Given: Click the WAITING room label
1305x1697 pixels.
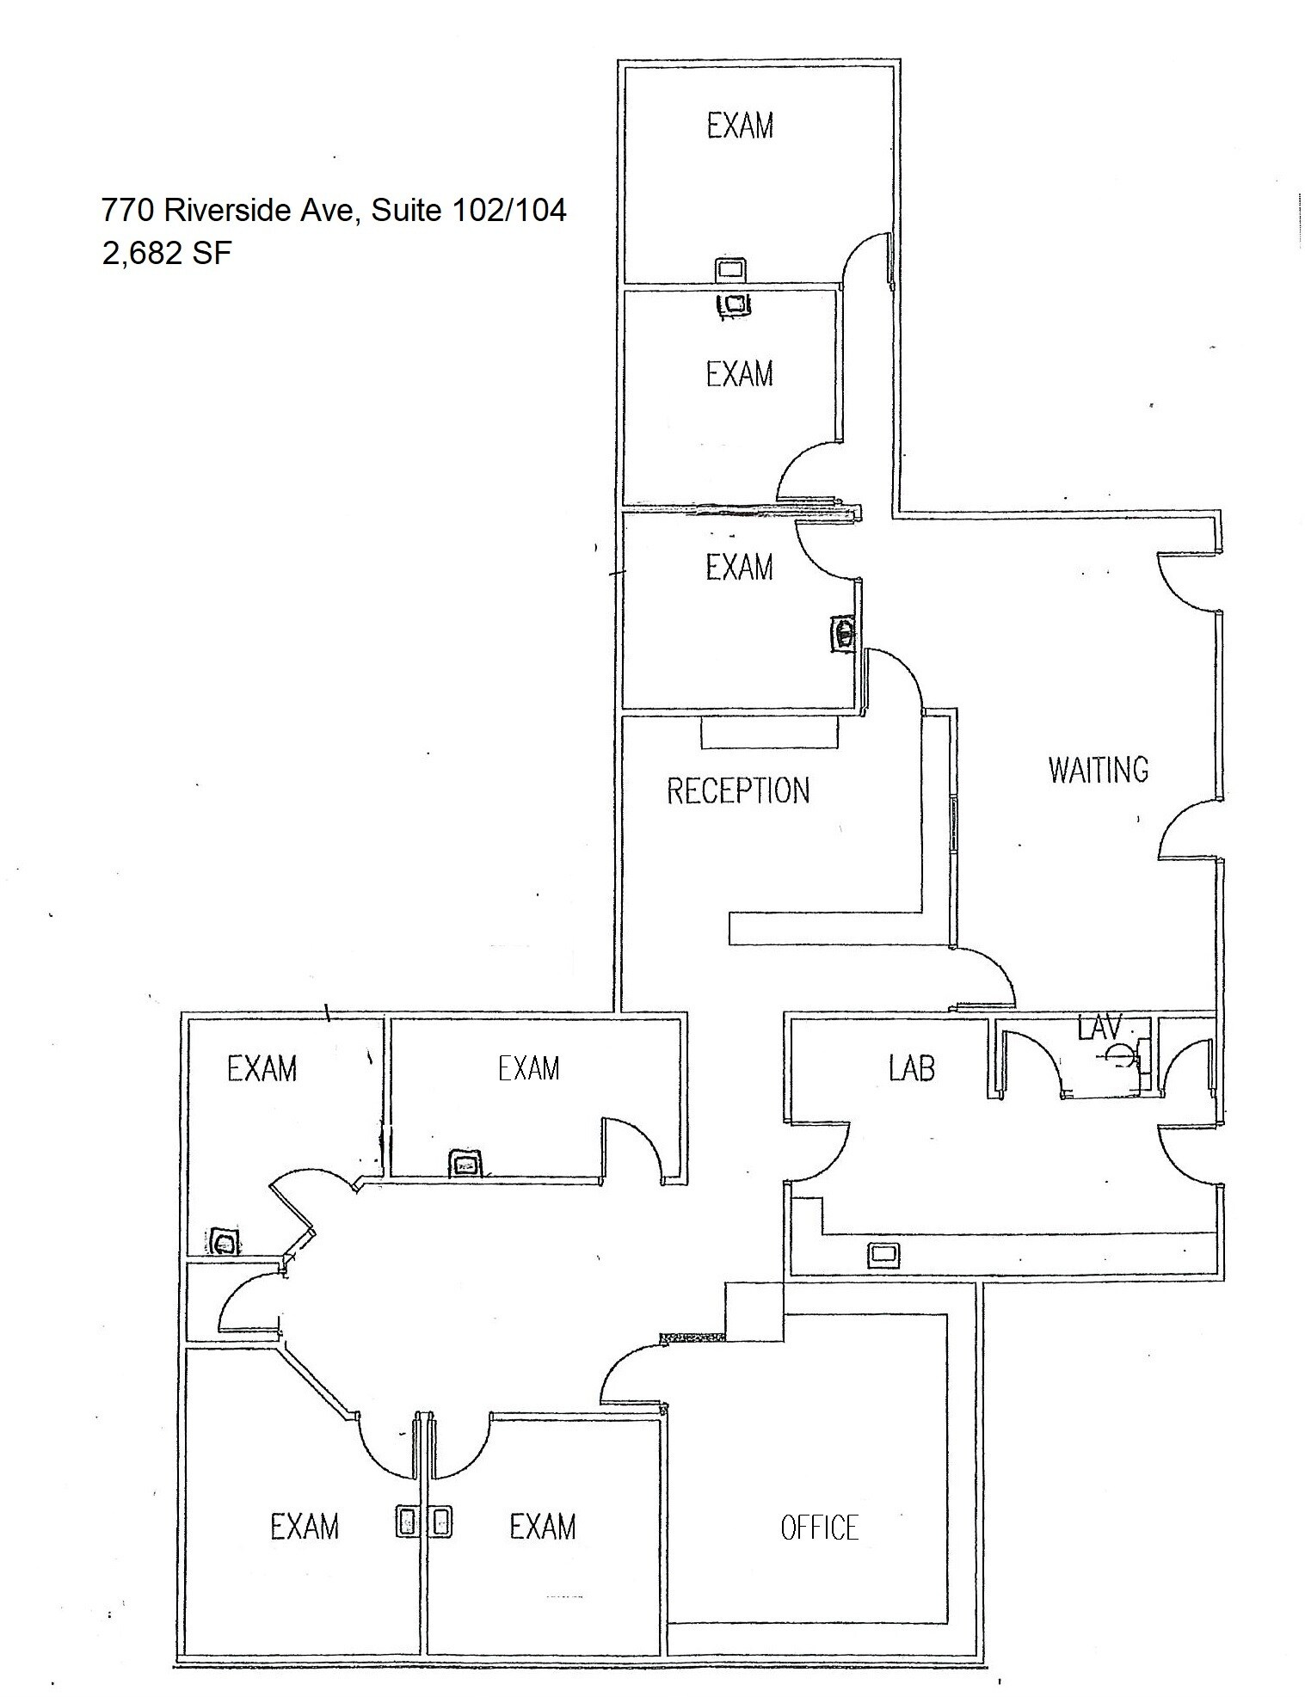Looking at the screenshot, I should [1098, 769].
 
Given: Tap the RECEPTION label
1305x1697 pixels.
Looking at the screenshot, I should [738, 790].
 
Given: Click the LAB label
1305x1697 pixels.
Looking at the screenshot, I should [911, 1068].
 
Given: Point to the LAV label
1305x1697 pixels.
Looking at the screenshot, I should [1100, 1026].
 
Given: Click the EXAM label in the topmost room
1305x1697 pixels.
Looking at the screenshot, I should [740, 126].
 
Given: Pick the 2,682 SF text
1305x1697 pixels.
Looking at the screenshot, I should [167, 254].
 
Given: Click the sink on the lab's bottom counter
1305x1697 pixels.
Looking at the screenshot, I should [882, 1254].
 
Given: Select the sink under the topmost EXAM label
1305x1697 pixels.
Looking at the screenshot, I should [729, 269].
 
